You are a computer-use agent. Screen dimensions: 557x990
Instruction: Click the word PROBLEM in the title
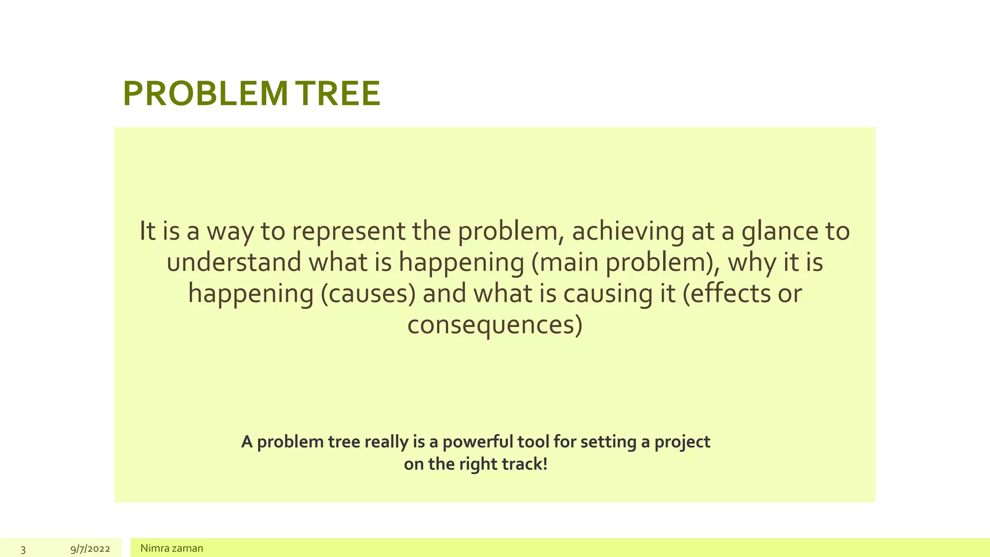tap(205, 94)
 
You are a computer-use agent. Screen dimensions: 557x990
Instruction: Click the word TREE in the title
tap(338, 94)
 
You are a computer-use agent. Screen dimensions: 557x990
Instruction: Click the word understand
tap(233, 263)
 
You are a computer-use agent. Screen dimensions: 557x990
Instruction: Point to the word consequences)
tap(495, 324)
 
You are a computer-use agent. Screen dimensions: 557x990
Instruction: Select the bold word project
tap(682, 442)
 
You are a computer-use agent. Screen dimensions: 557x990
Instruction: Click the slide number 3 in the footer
tap(23, 549)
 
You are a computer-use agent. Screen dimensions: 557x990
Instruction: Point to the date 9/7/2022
tap(90, 549)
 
